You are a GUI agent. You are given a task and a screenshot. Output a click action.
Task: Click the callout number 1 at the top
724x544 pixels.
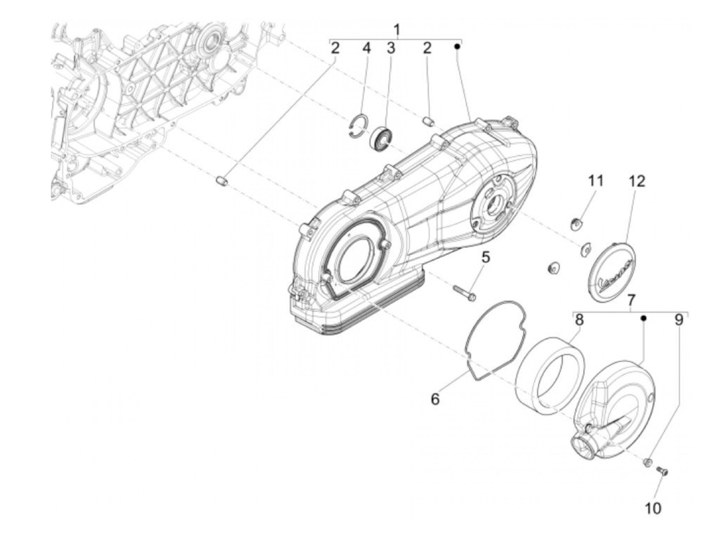click(397, 30)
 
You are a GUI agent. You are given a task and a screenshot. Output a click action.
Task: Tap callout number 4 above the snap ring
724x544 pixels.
click(367, 48)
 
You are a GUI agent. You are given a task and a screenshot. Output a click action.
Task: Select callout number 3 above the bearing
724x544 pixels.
click(391, 48)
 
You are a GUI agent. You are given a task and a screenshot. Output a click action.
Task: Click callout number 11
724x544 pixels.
click(596, 181)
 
